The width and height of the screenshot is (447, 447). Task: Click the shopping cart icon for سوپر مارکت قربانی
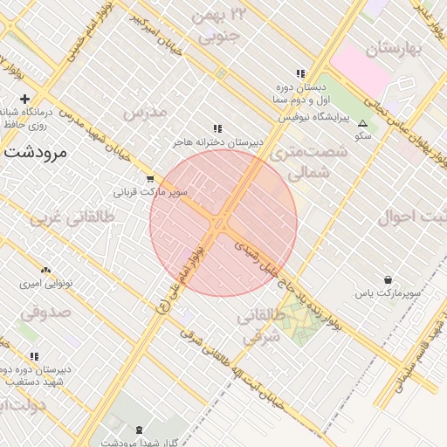151,179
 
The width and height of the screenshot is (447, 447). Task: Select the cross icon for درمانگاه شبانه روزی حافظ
24,99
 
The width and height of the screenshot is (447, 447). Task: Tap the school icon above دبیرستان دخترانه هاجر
217,128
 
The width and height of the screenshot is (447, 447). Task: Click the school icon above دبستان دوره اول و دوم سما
300,74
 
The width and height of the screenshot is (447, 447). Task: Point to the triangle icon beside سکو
362,123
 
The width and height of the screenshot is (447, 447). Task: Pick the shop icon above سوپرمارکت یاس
386,280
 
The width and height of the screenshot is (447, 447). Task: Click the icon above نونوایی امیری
45,271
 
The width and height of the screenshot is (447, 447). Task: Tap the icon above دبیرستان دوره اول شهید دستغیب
34,356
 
